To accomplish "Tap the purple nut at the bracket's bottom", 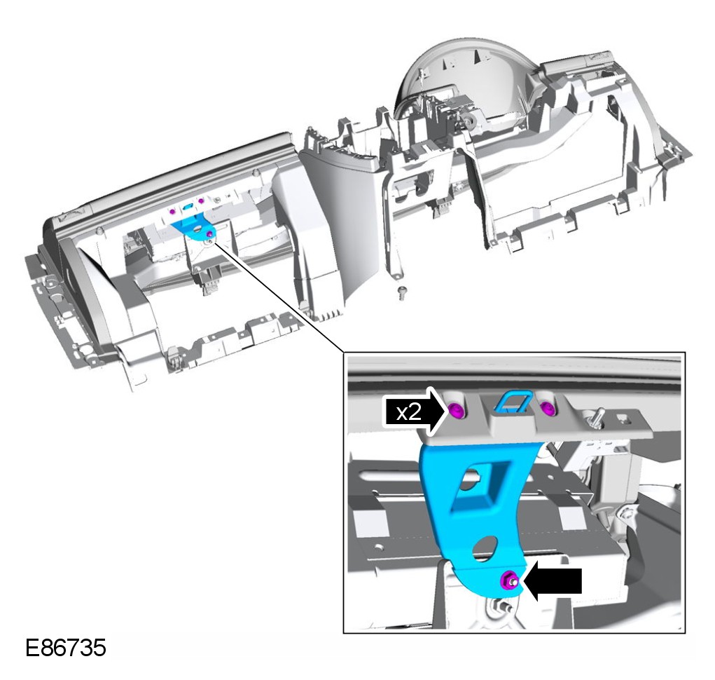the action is coord(508,579).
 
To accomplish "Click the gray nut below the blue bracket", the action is coord(503,604).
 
